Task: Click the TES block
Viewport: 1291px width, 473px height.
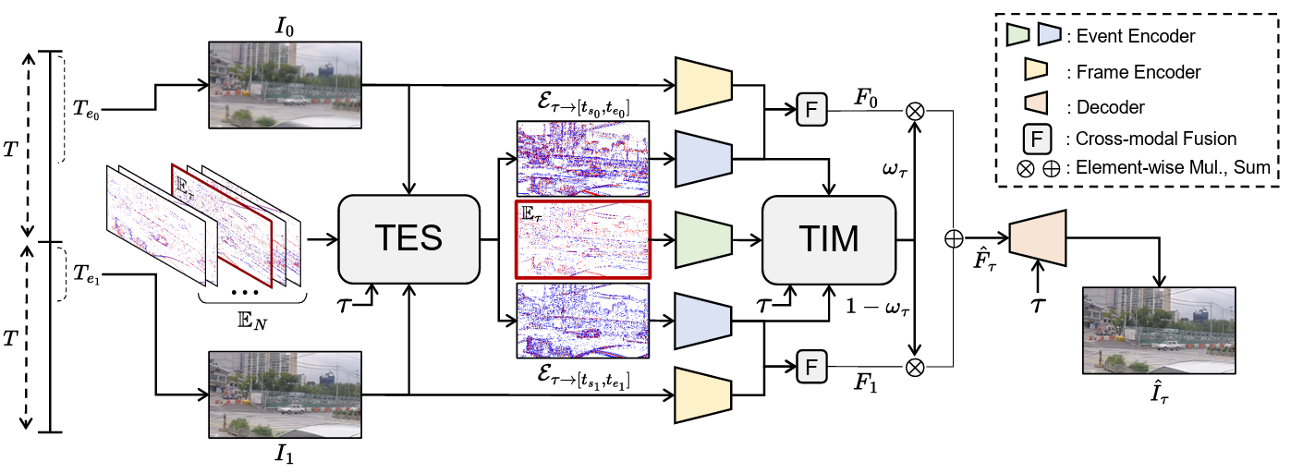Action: coord(407,238)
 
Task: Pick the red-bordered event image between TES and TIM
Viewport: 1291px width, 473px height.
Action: coord(583,239)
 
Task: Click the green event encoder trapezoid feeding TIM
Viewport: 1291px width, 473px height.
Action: coord(704,239)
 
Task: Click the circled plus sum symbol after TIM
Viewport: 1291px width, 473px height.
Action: coord(954,238)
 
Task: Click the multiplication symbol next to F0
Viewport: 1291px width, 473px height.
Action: coord(915,111)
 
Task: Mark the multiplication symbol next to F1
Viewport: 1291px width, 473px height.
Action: coord(915,367)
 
